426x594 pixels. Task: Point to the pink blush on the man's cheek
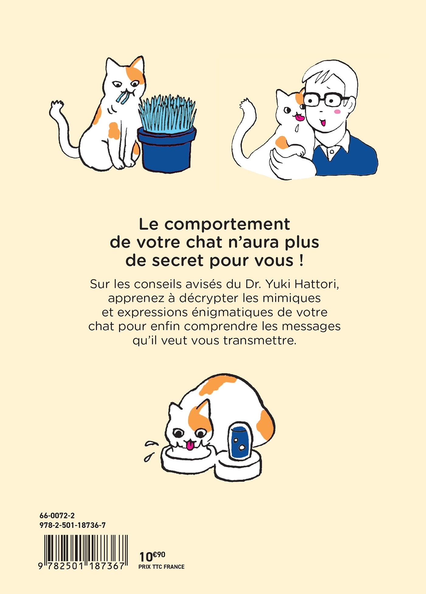tap(337, 112)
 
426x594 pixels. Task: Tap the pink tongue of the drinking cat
tap(190, 446)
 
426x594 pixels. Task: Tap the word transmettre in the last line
tap(260, 340)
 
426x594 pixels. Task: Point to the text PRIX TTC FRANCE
tap(161, 567)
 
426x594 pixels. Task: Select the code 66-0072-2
tap(57, 516)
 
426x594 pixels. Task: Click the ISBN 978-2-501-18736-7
tap(72, 525)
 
